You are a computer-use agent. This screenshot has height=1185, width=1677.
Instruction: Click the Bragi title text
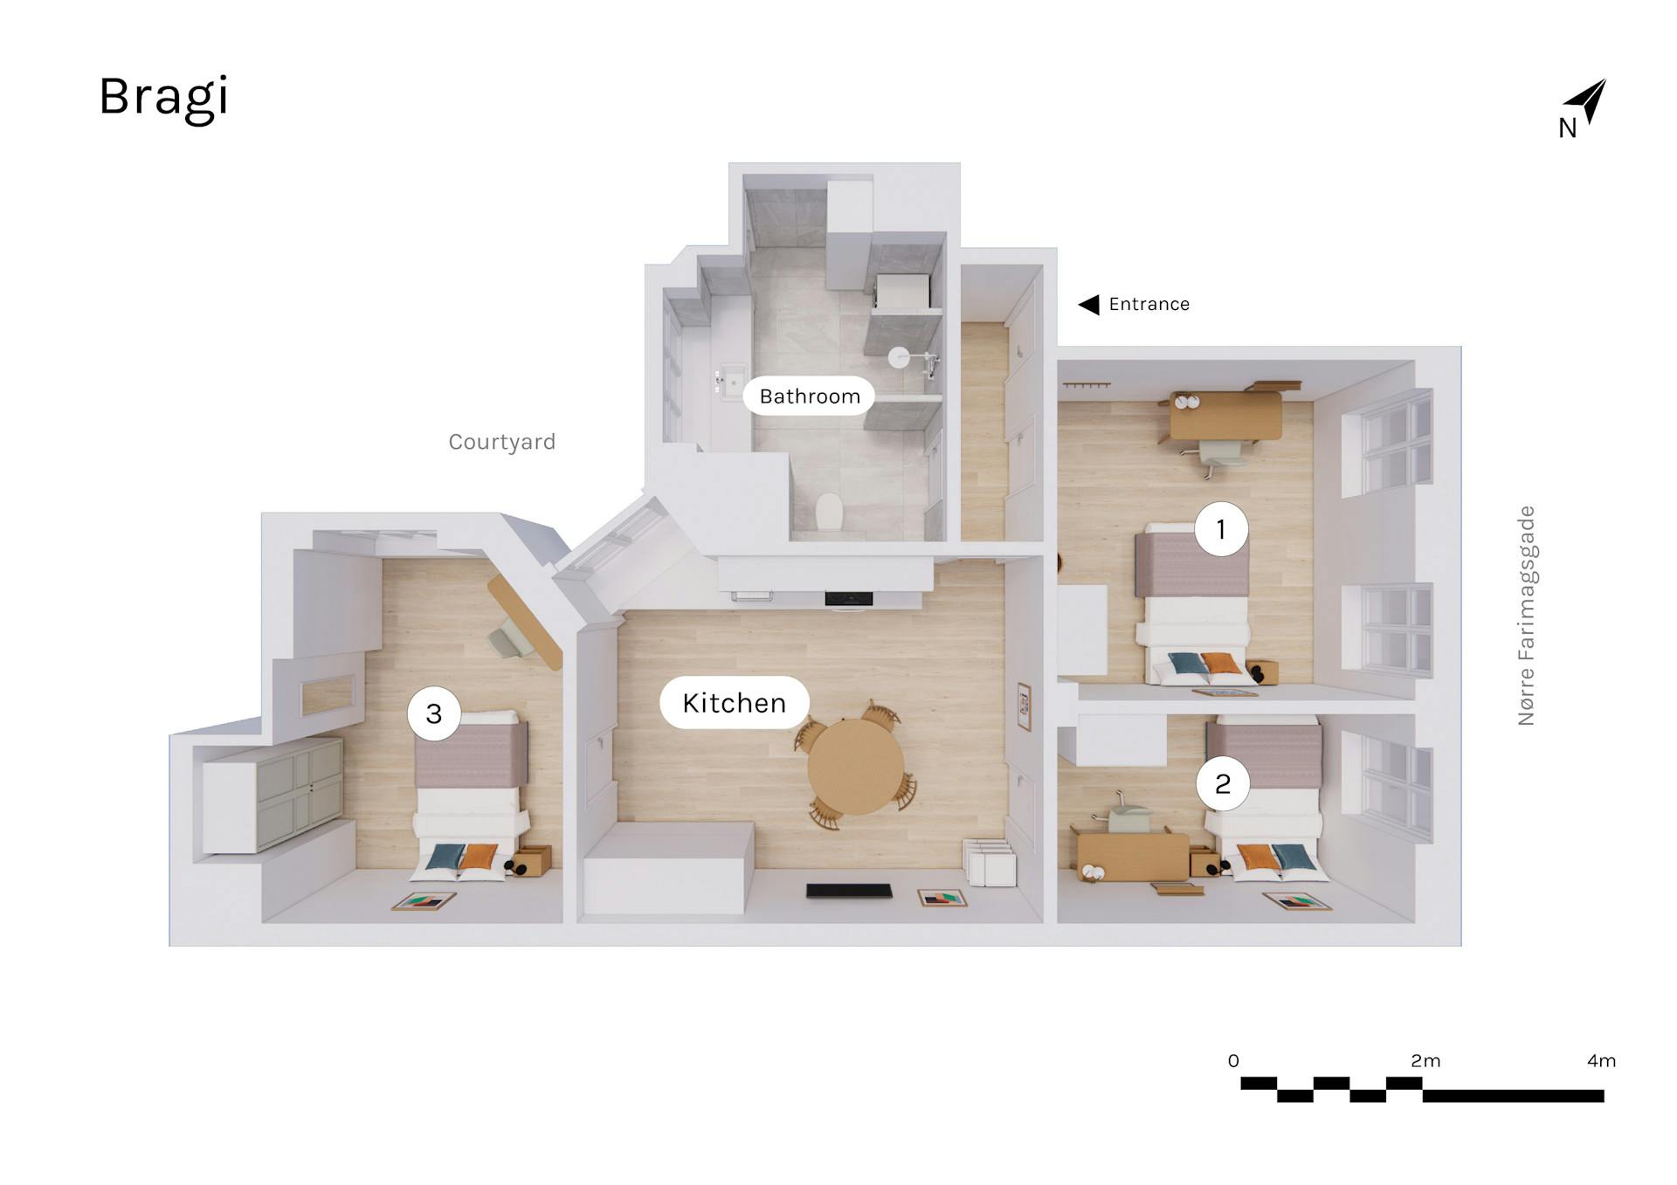point(163,98)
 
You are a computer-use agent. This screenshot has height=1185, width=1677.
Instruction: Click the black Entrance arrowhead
point(1088,304)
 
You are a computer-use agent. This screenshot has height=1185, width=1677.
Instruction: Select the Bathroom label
point(809,396)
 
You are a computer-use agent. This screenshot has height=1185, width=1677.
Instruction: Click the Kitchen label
point(734,703)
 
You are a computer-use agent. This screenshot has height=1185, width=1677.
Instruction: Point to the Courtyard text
point(501,442)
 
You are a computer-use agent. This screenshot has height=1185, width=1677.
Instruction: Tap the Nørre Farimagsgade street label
point(1526,616)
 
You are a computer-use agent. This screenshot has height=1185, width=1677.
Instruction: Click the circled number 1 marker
point(1221,528)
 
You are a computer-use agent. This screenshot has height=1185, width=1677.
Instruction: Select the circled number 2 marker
point(1223,783)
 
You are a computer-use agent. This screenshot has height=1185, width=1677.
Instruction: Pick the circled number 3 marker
point(434,713)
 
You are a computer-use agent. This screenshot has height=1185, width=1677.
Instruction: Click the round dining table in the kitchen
point(856,767)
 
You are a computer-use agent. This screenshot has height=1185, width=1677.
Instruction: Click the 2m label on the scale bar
point(1425,1061)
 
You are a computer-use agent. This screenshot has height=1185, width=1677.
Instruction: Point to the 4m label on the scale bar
point(1601,1061)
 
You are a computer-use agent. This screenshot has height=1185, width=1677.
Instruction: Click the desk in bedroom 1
point(1225,416)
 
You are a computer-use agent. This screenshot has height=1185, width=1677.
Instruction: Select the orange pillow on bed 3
point(478,857)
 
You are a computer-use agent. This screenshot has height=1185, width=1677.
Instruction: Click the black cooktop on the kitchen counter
point(849,599)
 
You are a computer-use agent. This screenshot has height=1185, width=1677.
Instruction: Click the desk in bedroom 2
point(1133,856)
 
